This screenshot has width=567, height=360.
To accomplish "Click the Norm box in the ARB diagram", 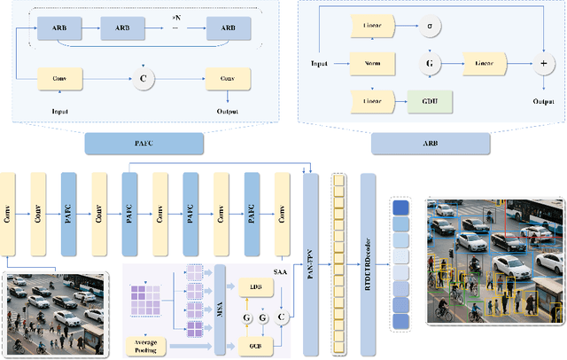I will pyautogui.click(x=372, y=64).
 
